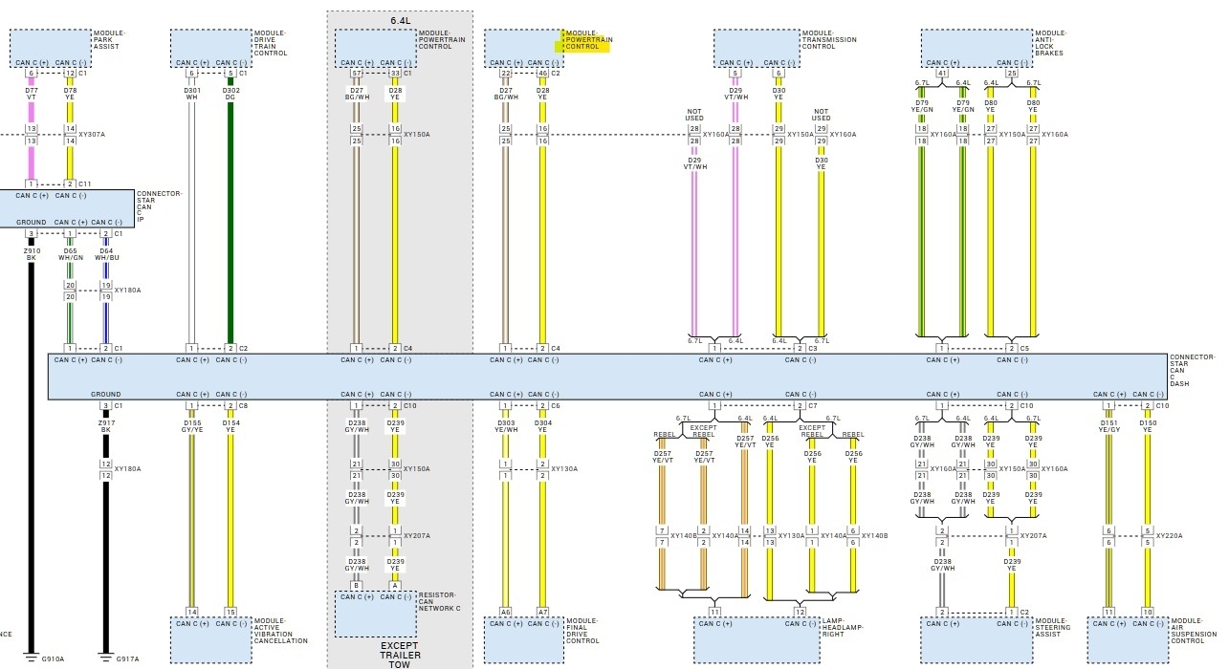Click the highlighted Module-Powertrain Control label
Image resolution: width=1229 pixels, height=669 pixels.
point(587,40)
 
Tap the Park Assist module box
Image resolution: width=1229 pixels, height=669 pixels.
point(51,47)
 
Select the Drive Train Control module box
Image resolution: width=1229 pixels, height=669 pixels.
point(210,47)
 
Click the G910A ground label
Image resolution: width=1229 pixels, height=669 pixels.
point(53,659)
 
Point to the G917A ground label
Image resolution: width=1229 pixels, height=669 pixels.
point(127,659)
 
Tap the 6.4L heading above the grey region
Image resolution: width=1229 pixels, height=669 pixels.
point(399,19)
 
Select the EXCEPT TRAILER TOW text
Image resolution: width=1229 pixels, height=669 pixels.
point(400,653)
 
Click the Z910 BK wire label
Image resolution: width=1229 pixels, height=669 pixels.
point(31,253)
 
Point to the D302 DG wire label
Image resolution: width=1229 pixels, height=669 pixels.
point(230,93)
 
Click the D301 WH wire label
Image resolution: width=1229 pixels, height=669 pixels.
point(191,93)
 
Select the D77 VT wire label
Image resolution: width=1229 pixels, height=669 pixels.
point(31,93)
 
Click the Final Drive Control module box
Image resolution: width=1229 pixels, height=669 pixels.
point(523,638)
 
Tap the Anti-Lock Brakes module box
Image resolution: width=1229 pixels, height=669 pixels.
point(977,47)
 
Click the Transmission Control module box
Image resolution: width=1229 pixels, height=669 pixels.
point(756,47)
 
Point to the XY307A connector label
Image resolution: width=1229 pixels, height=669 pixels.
point(92,135)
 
